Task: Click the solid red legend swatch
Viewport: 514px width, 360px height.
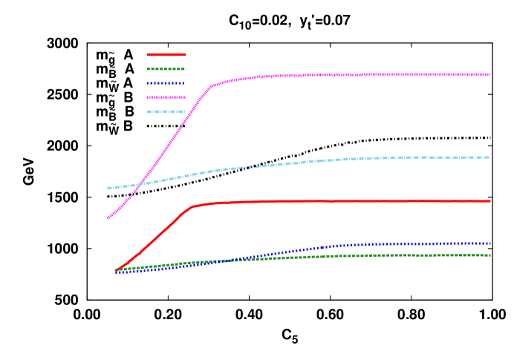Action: tap(166, 55)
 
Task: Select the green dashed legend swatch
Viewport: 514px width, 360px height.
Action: tap(166, 69)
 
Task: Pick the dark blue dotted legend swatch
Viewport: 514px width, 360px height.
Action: tap(166, 83)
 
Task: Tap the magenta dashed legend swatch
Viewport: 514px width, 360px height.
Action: tap(166, 97)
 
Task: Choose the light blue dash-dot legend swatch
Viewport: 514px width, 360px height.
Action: tap(166, 112)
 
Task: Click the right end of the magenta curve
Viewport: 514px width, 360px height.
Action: tap(489, 74)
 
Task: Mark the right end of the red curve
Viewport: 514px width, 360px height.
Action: tap(490, 201)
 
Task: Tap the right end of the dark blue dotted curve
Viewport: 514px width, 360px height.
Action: tap(490, 243)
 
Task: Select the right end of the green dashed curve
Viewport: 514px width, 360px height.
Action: tap(490, 255)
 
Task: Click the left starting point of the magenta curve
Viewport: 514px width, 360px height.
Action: tap(108, 218)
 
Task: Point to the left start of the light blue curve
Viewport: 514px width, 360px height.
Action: tap(108, 188)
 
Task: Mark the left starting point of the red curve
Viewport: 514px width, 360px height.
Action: tap(117, 269)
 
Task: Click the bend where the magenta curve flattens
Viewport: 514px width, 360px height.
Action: tap(212, 85)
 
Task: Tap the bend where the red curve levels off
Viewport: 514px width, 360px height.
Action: tap(192, 206)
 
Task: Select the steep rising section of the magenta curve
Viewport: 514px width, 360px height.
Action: tap(171, 141)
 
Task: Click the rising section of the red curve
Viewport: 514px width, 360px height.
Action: tap(156, 238)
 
